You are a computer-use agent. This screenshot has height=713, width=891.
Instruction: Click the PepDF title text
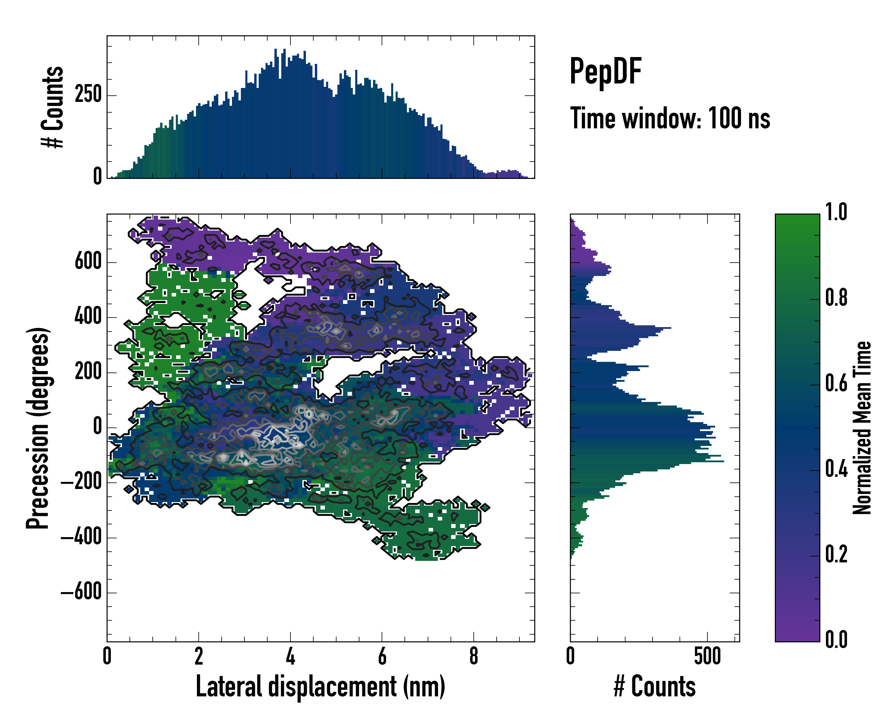(605, 71)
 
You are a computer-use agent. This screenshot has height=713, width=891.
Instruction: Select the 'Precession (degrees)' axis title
(38, 428)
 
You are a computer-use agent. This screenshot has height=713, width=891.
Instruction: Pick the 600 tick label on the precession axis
(88, 262)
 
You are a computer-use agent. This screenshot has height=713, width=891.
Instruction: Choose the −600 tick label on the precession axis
(81, 593)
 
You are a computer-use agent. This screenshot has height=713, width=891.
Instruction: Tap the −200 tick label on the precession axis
(81, 482)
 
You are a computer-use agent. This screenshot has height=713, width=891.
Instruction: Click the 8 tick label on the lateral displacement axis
(474, 656)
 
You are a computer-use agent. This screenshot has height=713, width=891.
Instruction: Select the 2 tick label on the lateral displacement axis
(199, 656)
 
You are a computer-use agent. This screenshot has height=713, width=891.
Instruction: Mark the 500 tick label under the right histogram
(707, 656)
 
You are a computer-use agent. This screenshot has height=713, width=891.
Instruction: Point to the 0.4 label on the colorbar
(836, 470)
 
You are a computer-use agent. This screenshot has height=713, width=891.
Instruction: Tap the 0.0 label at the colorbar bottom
(836, 640)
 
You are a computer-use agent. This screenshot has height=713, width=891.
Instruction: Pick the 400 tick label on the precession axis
(88, 317)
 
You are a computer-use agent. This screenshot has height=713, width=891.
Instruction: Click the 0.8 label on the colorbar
(836, 299)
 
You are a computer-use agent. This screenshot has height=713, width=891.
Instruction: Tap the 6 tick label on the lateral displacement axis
(382, 656)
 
